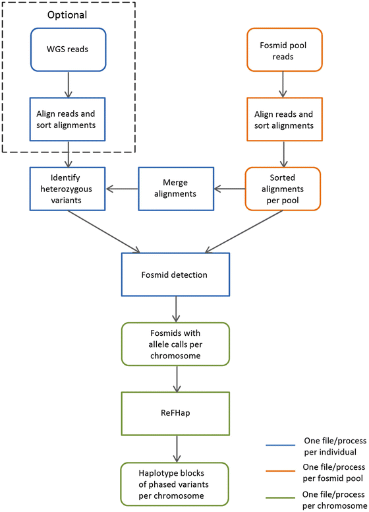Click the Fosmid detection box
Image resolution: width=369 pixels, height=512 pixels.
click(175, 272)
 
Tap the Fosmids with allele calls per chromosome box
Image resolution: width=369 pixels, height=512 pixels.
click(175, 343)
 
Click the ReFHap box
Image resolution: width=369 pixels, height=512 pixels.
click(175, 413)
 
